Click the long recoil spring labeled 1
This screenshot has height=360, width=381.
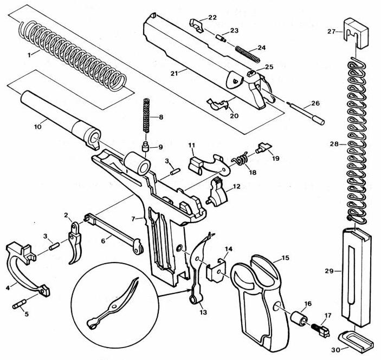(73, 54)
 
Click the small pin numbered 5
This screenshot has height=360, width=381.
(19, 304)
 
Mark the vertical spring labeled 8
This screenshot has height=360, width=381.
(145, 115)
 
